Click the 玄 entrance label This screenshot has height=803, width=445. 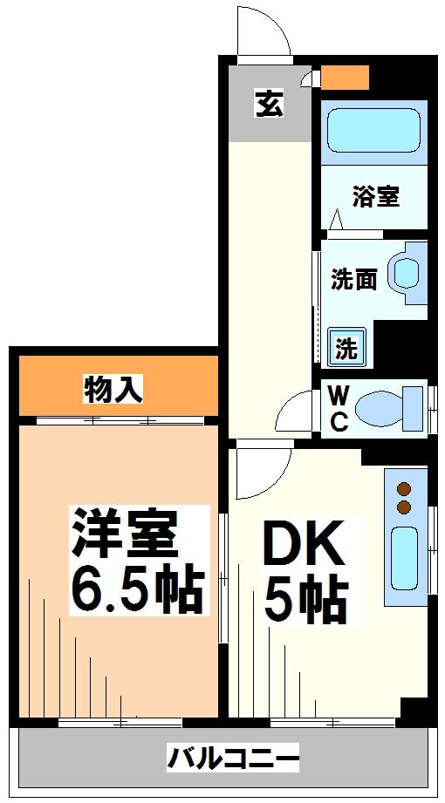click(269, 105)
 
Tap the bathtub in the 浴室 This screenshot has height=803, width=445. click(374, 130)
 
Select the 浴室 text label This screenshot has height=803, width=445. click(376, 197)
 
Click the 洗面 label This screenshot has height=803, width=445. click(353, 279)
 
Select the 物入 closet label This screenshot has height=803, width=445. click(112, 391)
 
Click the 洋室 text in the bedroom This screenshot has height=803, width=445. click(125, 534)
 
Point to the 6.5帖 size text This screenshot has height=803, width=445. click(136, 590)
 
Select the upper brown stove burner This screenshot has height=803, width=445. click(405, 490)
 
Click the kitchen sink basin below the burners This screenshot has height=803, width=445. click(405, 559)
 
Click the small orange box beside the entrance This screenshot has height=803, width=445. click(345, 77)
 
